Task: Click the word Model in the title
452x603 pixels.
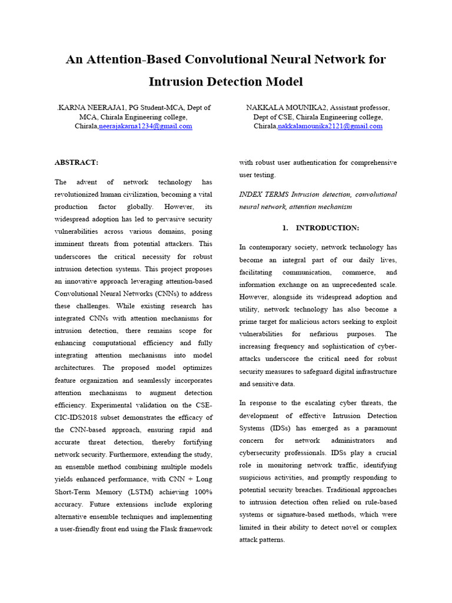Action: (x=285, y=81)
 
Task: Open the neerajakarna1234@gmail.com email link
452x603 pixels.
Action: (x=145, y=126)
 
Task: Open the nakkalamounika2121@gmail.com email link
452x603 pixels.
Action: (x=330, y=126)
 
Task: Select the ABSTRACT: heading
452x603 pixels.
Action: (x=77, y=162)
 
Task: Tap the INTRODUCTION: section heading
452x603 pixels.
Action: (x=327, y=228)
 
